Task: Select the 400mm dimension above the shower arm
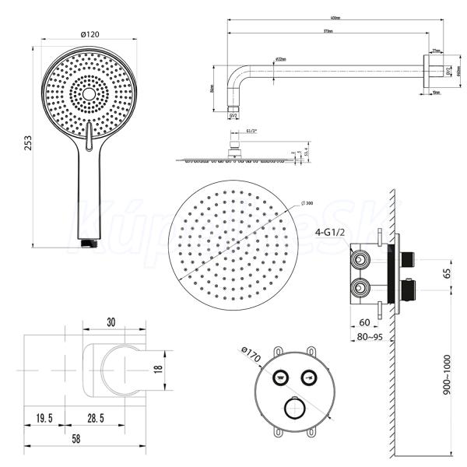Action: (x=314, y=18)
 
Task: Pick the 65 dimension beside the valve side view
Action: (x=446, y=273)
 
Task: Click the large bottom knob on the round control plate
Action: (x=295, y=408)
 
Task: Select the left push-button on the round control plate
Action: (x=279, y=377)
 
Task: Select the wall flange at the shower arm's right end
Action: (x=429, y=71)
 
